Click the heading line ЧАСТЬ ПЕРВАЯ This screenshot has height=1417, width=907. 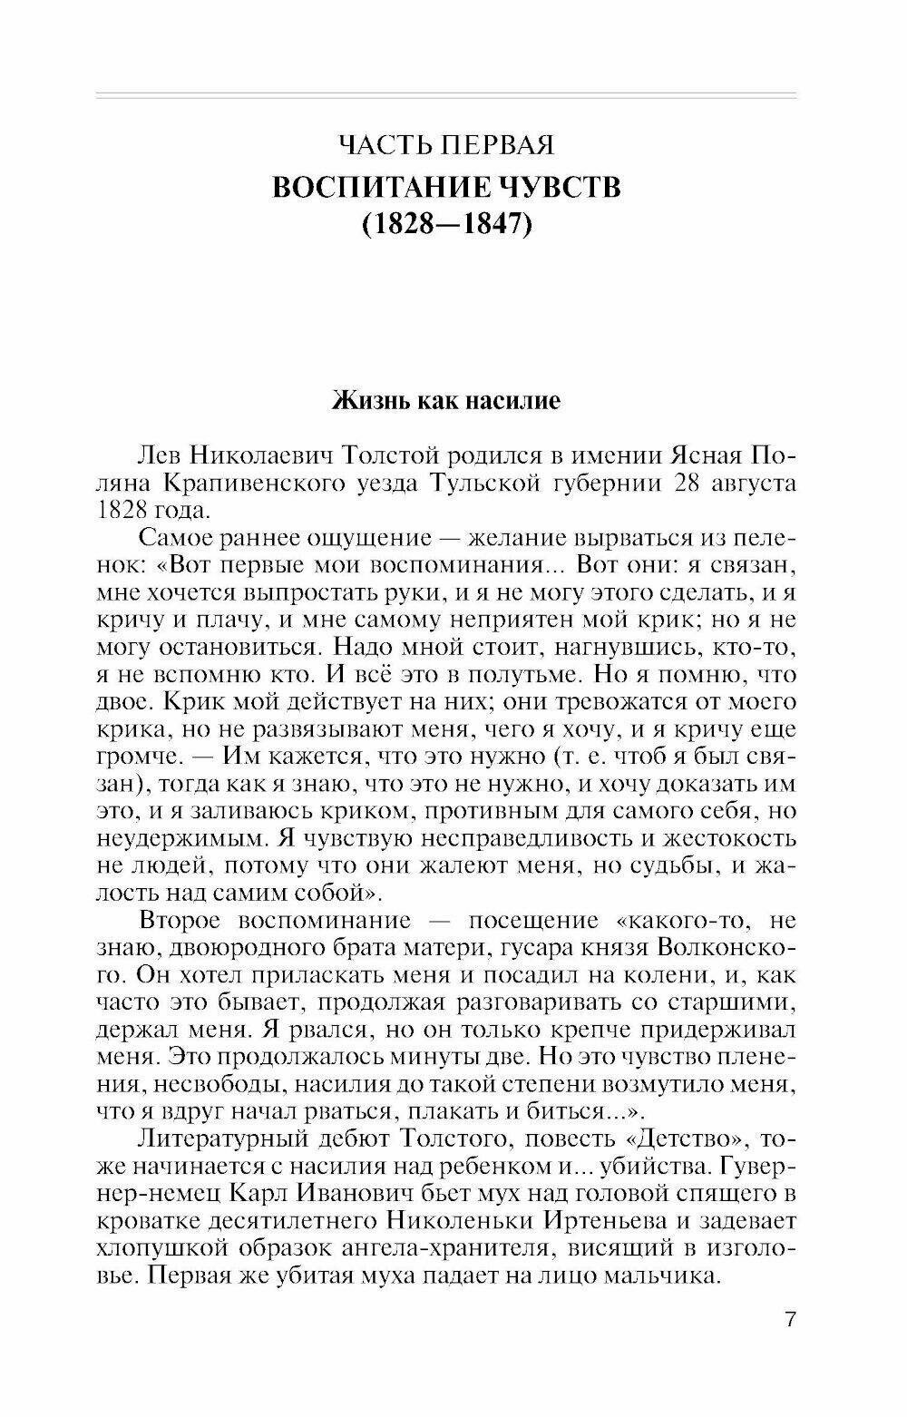pyautogui.click(x=445, y=144)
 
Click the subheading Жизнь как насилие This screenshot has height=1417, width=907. pyautogui.click(x=445, y=400)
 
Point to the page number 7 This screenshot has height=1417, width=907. pyautogui.click(x=791, y=1318)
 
